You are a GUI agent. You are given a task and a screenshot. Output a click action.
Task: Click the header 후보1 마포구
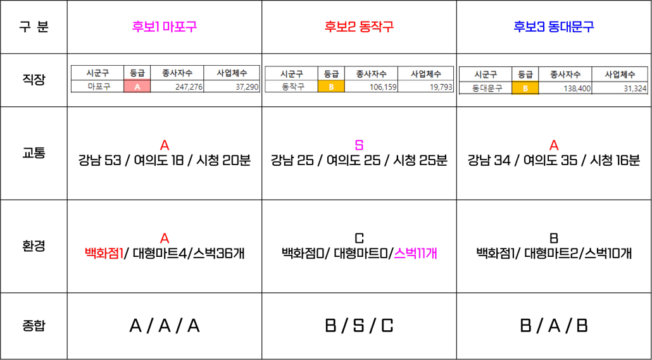[164, 27]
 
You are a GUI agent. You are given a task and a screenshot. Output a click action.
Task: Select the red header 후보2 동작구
[359, 27]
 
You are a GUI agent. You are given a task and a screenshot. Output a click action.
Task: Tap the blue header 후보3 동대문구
[554, 27]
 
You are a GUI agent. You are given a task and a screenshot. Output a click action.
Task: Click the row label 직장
[34, 80]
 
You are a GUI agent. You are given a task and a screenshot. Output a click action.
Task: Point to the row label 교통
[34, 153]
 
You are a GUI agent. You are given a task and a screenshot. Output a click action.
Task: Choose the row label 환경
[34, 246]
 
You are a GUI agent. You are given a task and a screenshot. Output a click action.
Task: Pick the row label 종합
[34, 326]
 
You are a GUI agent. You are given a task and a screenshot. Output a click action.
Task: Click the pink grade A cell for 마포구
[137, 87]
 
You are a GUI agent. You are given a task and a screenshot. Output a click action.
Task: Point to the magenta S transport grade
[359, 146]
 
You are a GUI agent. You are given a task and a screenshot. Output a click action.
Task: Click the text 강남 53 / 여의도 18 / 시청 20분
[164, 161]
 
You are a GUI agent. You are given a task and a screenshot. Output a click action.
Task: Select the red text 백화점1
[104, 252]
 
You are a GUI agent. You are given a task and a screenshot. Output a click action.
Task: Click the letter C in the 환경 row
[360, 238]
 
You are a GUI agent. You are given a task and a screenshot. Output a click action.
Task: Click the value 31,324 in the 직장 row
[635, 89]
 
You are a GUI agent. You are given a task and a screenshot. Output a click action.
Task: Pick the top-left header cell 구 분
[34, 27]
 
